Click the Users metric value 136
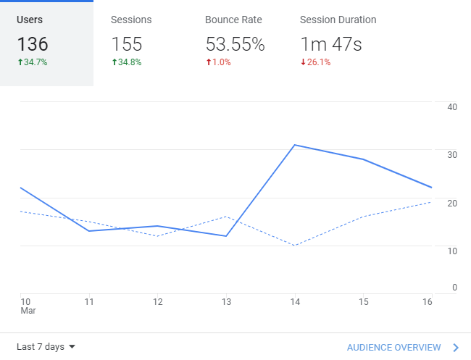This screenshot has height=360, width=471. coord(33,44)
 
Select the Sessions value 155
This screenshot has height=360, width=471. coord(127,44)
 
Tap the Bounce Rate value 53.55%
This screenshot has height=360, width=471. coord(235,44)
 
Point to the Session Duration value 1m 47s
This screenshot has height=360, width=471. coord(331,44)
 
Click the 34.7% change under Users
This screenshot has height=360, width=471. coord(33,62)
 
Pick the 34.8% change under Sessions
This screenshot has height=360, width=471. coord(127,62)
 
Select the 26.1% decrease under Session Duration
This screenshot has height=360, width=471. coord(315,62)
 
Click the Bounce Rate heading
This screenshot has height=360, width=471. coord(233,20)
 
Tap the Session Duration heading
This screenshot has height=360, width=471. coord(338,20)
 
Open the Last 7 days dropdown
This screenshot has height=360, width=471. coord(46,347)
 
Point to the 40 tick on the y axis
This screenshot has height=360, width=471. coord(452,107)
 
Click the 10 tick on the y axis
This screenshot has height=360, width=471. coord(452,251)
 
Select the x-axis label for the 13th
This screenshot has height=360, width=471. coord(226,301)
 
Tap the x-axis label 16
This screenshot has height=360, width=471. coord(427,301)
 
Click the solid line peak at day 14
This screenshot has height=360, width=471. coord(295,145)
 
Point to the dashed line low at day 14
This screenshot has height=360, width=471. coord(295,246)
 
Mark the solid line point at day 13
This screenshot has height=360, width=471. coord(226,236)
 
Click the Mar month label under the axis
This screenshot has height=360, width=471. coord(28,311)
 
